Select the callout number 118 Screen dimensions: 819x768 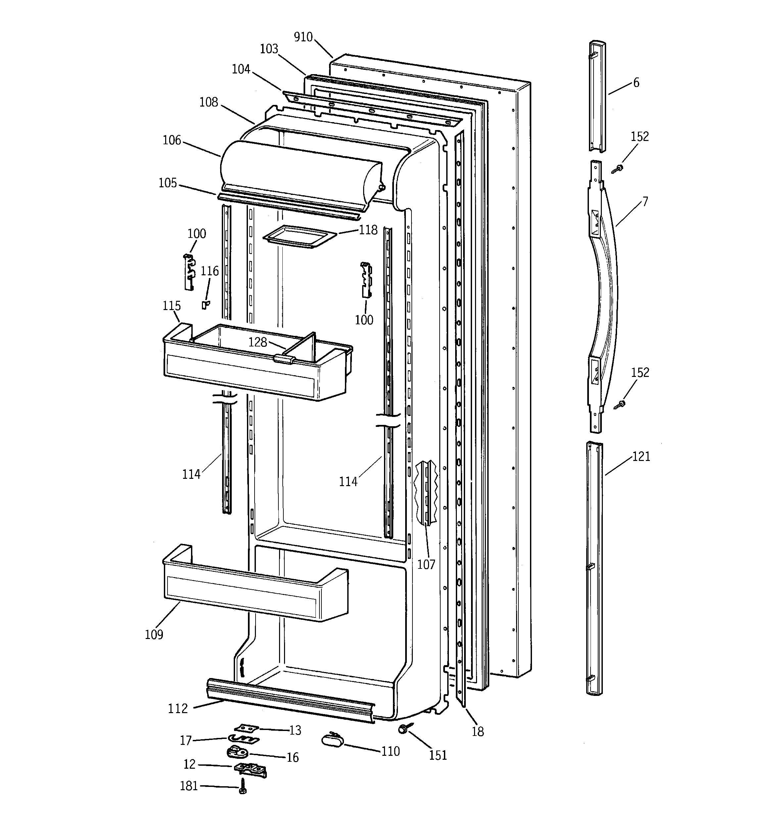[x=368, y=230]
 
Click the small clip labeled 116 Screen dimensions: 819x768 [x=205, y=304]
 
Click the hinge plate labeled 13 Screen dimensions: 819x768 [x=246, y=728]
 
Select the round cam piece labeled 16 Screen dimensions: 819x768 [x=237, y=752]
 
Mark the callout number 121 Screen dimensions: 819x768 [x=641, y=456]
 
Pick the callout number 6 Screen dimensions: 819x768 [x=636, y=83]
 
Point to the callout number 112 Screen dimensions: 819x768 [x=178, y=708]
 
